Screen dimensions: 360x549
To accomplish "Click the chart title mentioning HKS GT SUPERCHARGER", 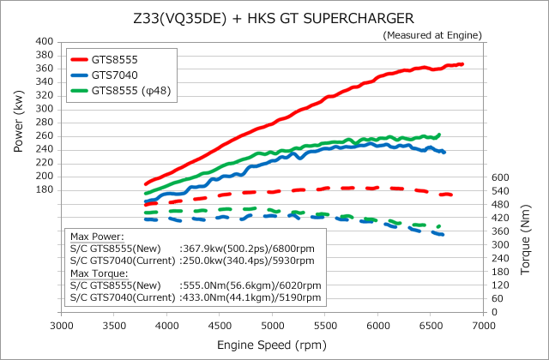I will pos(274,16).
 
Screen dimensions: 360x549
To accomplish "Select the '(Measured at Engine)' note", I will pos(431,34).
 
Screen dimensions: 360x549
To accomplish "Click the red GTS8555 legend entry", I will pos(115,60).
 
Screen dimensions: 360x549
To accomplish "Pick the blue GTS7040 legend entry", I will pos(114,75).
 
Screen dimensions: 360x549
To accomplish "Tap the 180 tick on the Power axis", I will pos(46,190).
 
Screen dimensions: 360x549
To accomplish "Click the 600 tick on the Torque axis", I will pos(503,177).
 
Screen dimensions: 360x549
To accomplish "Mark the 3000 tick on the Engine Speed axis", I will pos(62,327).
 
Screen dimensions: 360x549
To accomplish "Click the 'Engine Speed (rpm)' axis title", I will pos(273,345).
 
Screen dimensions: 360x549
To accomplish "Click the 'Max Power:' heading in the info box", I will pos(97,237).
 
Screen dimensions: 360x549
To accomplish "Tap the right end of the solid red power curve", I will pos(462,64).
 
